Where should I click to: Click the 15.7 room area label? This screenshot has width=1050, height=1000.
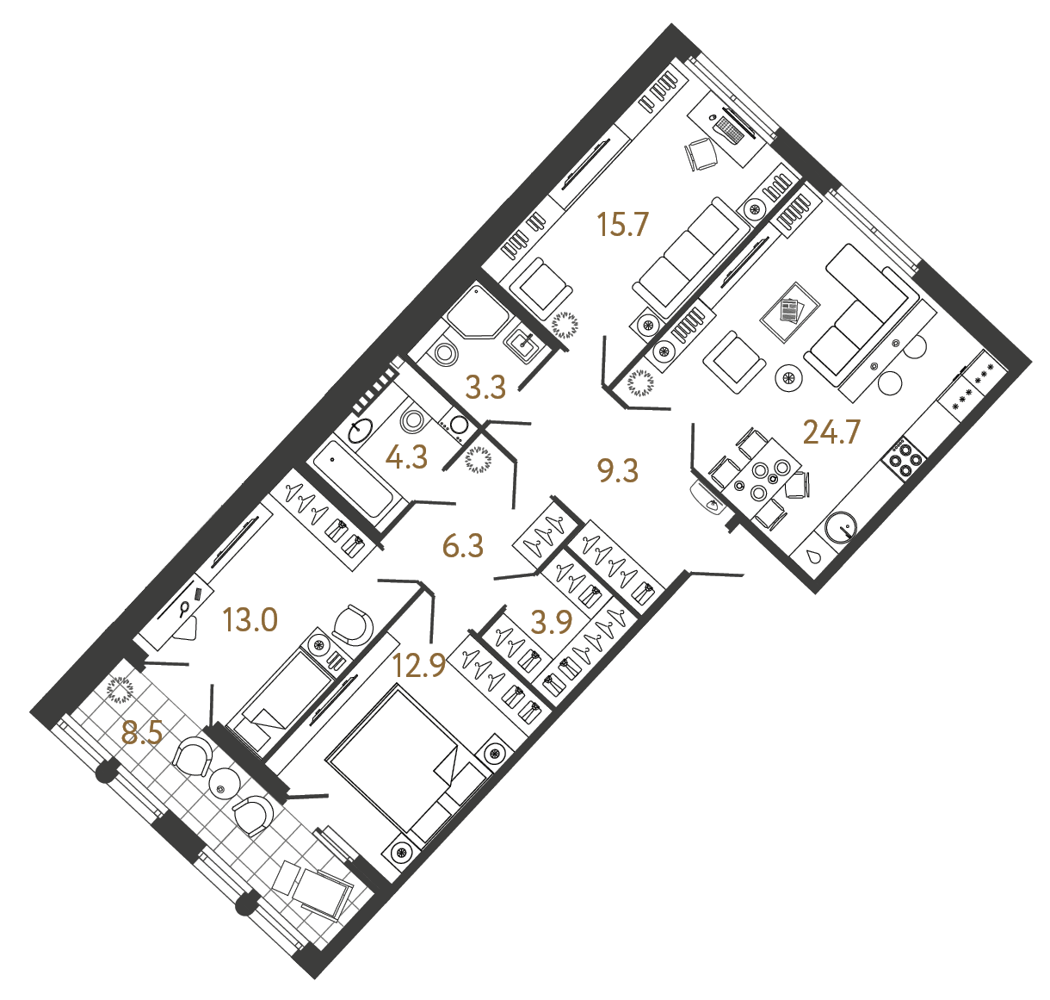[x=621, y=226]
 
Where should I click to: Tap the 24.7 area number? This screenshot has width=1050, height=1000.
[x=831, y=432]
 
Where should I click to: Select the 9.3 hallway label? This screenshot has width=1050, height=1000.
[x=618, y=470]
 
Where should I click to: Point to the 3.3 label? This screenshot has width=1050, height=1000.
[x=485, y=388]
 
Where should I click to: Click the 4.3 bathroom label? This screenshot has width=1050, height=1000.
[x=406, y=457]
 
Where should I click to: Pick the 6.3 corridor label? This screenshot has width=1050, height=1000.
[x=463, y=545]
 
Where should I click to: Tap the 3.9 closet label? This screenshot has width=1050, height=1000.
[x=551, y=621]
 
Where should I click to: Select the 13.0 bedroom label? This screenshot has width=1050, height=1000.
[x=250, y=619]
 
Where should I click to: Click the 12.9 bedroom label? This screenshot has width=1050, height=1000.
[x=419, y=665]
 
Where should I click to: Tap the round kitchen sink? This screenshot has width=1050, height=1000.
[x=841, y=526]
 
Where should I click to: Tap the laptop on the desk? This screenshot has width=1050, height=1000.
[x=730, y=129]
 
